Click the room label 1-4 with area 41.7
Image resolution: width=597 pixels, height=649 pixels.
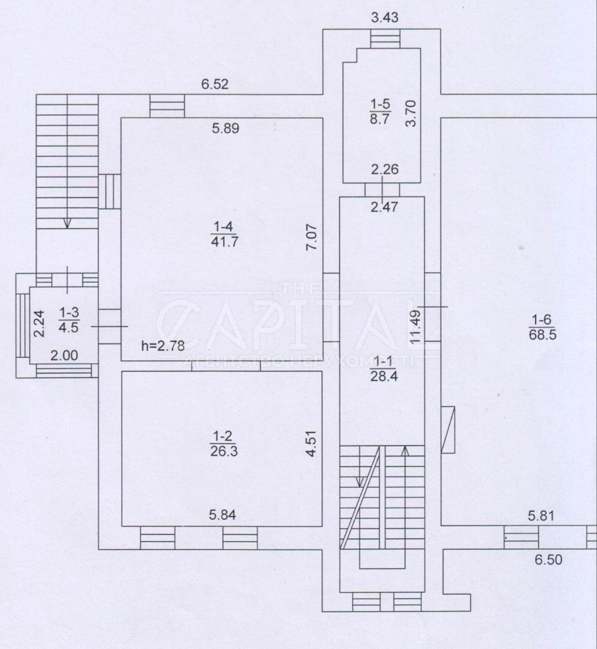point(224,234)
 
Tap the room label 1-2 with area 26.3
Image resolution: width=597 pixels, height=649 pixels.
point(224,443)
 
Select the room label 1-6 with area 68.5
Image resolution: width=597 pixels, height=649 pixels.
point(542,327)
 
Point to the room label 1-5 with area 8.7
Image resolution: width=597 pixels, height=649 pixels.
point(381,112)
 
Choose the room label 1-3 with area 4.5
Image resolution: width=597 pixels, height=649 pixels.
point(69,320)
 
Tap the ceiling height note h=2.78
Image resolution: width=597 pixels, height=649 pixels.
point(163,346)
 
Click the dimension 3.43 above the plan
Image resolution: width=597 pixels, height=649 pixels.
point(384,17)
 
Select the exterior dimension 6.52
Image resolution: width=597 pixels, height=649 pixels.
point(215,84)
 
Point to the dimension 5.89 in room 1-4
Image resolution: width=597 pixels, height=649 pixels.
point(226,128)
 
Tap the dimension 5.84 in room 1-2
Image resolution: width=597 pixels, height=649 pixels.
point(223,515)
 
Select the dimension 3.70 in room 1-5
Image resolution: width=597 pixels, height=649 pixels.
point(412,114)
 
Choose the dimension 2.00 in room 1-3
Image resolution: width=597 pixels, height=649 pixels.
point(64,356)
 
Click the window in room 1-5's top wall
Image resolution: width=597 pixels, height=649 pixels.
point(385,38)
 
